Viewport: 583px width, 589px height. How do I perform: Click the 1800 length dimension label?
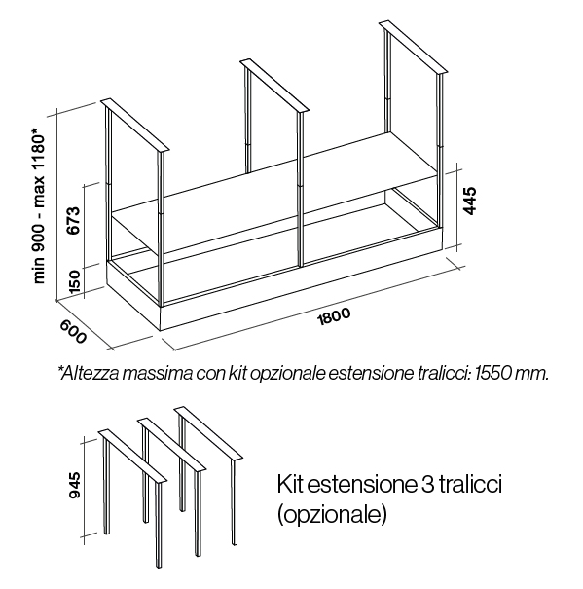point(334,316)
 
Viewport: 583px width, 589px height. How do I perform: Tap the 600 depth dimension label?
point(73,331)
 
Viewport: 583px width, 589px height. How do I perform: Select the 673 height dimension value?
point(72,220)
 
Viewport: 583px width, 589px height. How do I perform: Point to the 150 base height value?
point(75,281)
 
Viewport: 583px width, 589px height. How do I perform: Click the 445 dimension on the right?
point(470,201)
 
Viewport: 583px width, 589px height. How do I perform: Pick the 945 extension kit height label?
point(75,485)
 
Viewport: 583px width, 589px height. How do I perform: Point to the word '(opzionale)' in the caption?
point(332,515)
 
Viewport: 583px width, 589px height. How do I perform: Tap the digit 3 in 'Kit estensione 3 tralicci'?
point(424,485)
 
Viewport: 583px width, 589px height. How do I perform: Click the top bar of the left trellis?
point(136,126)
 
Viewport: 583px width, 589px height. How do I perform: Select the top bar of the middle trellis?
point(274,86)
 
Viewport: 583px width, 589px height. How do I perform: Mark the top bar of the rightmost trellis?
point(414,47)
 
